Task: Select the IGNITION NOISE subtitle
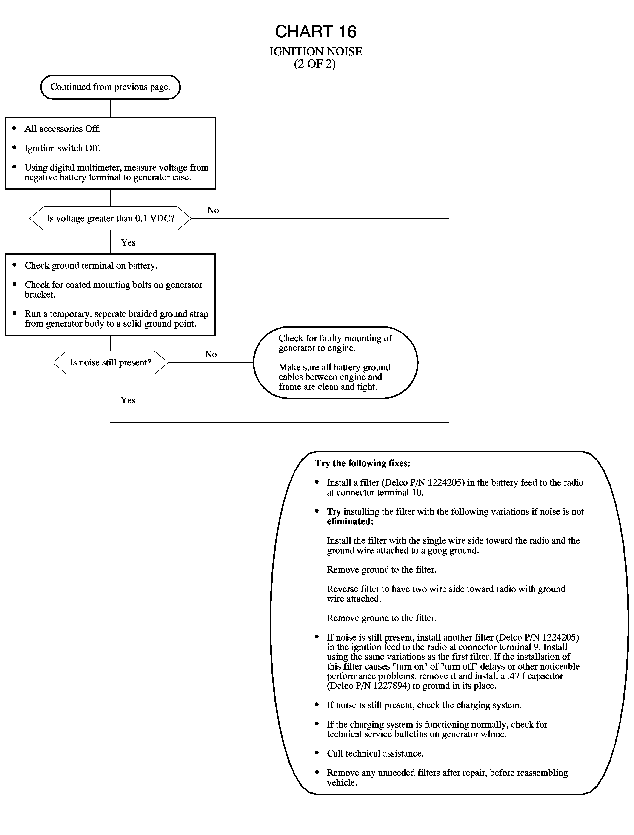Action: click(315, 52)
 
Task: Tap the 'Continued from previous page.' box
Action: click(110, 87)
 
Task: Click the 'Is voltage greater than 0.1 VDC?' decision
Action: click(110, 218)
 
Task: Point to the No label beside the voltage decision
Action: click(213, 210)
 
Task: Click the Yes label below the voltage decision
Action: click(128, 243)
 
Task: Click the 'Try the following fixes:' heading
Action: click(362, 463)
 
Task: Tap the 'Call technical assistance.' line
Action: click(375, 753)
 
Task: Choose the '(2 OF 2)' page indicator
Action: click(315, 64)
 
